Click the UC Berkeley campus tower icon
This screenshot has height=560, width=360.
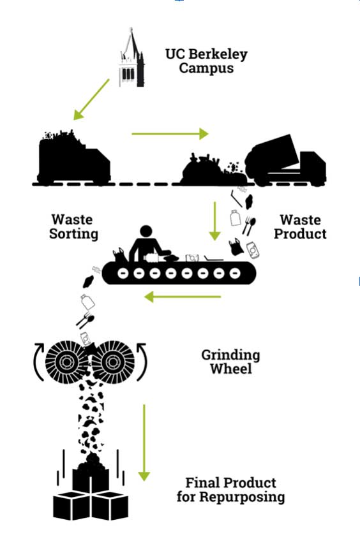coord(132,58)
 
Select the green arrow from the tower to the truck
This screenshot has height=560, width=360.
coord(91,99)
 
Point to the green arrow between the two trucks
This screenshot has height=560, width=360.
coord(170,134)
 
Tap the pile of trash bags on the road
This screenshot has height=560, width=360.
coord(213,170)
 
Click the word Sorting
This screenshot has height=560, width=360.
coord(73,234)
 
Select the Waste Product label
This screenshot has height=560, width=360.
coord(300,227)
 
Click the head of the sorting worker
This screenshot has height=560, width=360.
coord(146,231)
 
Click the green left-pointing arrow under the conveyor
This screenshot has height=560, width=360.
coord(183,297)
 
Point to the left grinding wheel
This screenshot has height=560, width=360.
coord(66,362)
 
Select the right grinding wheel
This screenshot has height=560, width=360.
coord(113,362)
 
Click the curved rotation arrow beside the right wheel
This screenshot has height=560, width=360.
coord(143,362)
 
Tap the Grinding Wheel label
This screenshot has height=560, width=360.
coord(230,362)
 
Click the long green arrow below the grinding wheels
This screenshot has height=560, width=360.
coord(144,443)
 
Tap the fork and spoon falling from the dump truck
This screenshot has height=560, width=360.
coord(249,226)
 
